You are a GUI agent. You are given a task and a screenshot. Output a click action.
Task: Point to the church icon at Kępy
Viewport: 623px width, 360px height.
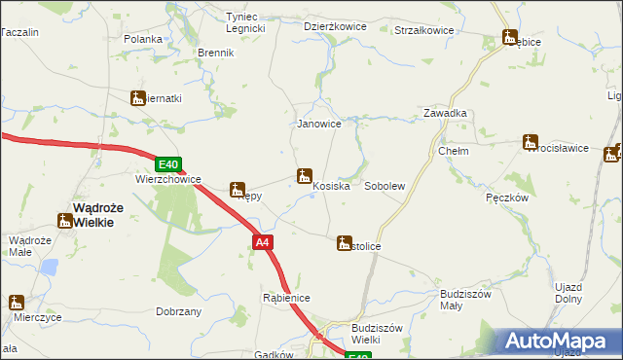click(x=237, y=190)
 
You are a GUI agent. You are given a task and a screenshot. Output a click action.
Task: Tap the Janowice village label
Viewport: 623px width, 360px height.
click(x=318, y=125)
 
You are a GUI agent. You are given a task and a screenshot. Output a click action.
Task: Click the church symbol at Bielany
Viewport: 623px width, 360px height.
click(x=137, y=97)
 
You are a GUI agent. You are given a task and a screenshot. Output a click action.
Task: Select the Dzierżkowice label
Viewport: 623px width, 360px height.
click(x=335, y=27)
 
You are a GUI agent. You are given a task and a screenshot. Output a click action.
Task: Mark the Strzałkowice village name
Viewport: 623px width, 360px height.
click(x=423, y=30)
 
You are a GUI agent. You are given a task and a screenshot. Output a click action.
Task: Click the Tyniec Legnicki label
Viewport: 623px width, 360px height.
click(x=245, y=23)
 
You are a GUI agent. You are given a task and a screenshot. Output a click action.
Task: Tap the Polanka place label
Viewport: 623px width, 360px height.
click(x=142, y=39)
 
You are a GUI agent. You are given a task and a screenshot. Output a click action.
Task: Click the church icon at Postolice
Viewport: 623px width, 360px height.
click(x=344, y=242)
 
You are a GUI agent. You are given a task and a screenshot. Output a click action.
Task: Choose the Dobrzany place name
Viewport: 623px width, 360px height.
click(x=178, y=311)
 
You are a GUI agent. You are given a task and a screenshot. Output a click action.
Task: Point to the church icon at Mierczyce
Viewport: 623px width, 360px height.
click(x=17, y=303)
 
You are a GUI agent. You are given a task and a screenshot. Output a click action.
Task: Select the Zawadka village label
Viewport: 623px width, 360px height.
click(x=445, y=113)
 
